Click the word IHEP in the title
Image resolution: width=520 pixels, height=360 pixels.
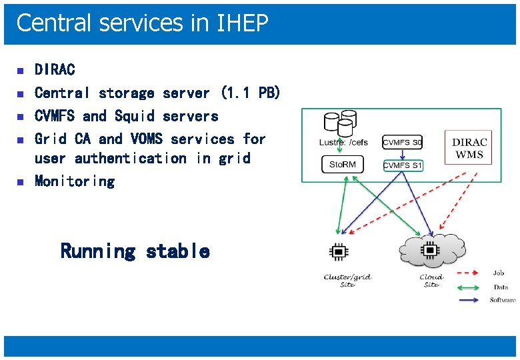pyautogui.click(x=243, y=23)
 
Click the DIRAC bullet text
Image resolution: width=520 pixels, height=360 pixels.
pyautogui.click(x=55, y=69)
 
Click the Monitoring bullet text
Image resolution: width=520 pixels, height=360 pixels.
pyautogui.click(x=75, y=181)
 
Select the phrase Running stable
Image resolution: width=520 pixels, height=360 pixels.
pyautogui.click(x=135, y=251)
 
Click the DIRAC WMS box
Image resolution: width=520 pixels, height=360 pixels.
pyautogui.click(x=469, y=149)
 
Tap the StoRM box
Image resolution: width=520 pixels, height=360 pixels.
pyautogui.click(x=342, y=164)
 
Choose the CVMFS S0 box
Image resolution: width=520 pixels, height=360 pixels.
pyautogui.click(x=403, y=141)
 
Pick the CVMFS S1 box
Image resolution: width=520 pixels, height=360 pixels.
pyautogui.click(x=403, y=165)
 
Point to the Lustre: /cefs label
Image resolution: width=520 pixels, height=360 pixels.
pyautogui.click(x=343, y=142)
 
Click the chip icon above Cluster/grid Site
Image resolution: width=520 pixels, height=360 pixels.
pyautogui.click(x=339, y=251)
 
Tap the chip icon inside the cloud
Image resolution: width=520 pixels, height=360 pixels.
pyautogui.click(x=431, y=250)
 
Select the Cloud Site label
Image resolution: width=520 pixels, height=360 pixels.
pyautogui.click(x=431, y=281)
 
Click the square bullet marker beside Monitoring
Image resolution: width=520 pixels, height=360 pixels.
pyautogui.click(x=20, y=181)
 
